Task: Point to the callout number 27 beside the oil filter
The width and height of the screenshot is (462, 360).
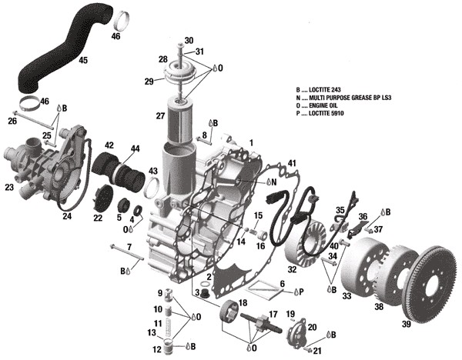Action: tap(159, 115)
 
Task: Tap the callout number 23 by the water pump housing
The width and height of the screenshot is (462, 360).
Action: tap(9, 187)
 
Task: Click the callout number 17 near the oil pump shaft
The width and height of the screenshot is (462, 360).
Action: tap(272, 315)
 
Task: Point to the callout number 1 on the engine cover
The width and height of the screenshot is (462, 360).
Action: tap(250, 143)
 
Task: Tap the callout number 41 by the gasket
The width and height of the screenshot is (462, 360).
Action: tap(291, 163)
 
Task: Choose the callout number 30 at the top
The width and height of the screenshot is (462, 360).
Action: tap(189, 41)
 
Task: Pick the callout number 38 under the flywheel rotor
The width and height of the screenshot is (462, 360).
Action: tap(378, 306)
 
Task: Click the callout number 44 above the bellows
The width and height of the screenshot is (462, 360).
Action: tap(135, 148)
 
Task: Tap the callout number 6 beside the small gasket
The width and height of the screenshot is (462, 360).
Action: tap(282, 283)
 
